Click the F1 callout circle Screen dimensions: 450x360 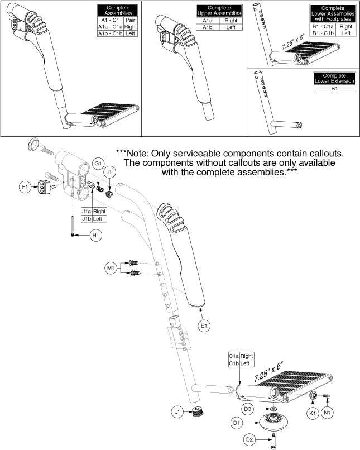pyautogui.click(x=24, y=188)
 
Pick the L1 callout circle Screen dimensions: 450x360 pyautogui.click(x=177, y=412)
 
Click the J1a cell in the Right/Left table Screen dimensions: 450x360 pyautogui.click(x=86, y=212)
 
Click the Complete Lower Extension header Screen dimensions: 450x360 pyautogui.click(x=334, y=79)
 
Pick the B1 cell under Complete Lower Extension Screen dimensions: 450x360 pyautogui.click(x=334, y=88)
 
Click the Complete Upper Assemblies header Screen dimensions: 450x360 pyautogui.click(x=219, y=11)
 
